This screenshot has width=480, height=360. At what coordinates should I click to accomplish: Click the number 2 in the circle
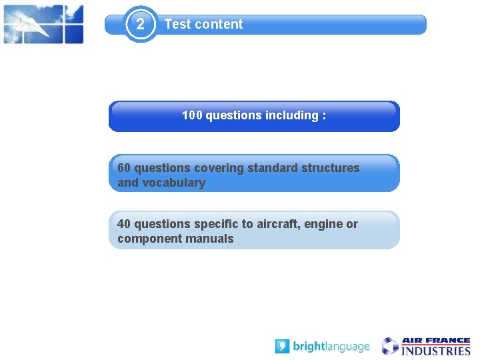pos(140,25)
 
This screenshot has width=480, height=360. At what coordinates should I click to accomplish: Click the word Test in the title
pos(177,25)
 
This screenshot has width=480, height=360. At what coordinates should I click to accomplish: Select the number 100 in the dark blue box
pos(192,115)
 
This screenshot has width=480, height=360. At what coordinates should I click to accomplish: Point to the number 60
pos(124,168)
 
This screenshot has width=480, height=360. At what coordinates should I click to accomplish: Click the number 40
pos(124,224)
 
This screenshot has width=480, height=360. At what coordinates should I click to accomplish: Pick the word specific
pos(215,224)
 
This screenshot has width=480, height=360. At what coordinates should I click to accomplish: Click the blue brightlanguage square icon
pos(282,347)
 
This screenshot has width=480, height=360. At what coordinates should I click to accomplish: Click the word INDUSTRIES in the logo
pos(435,351)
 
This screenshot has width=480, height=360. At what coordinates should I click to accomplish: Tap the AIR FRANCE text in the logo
pos(435,341)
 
